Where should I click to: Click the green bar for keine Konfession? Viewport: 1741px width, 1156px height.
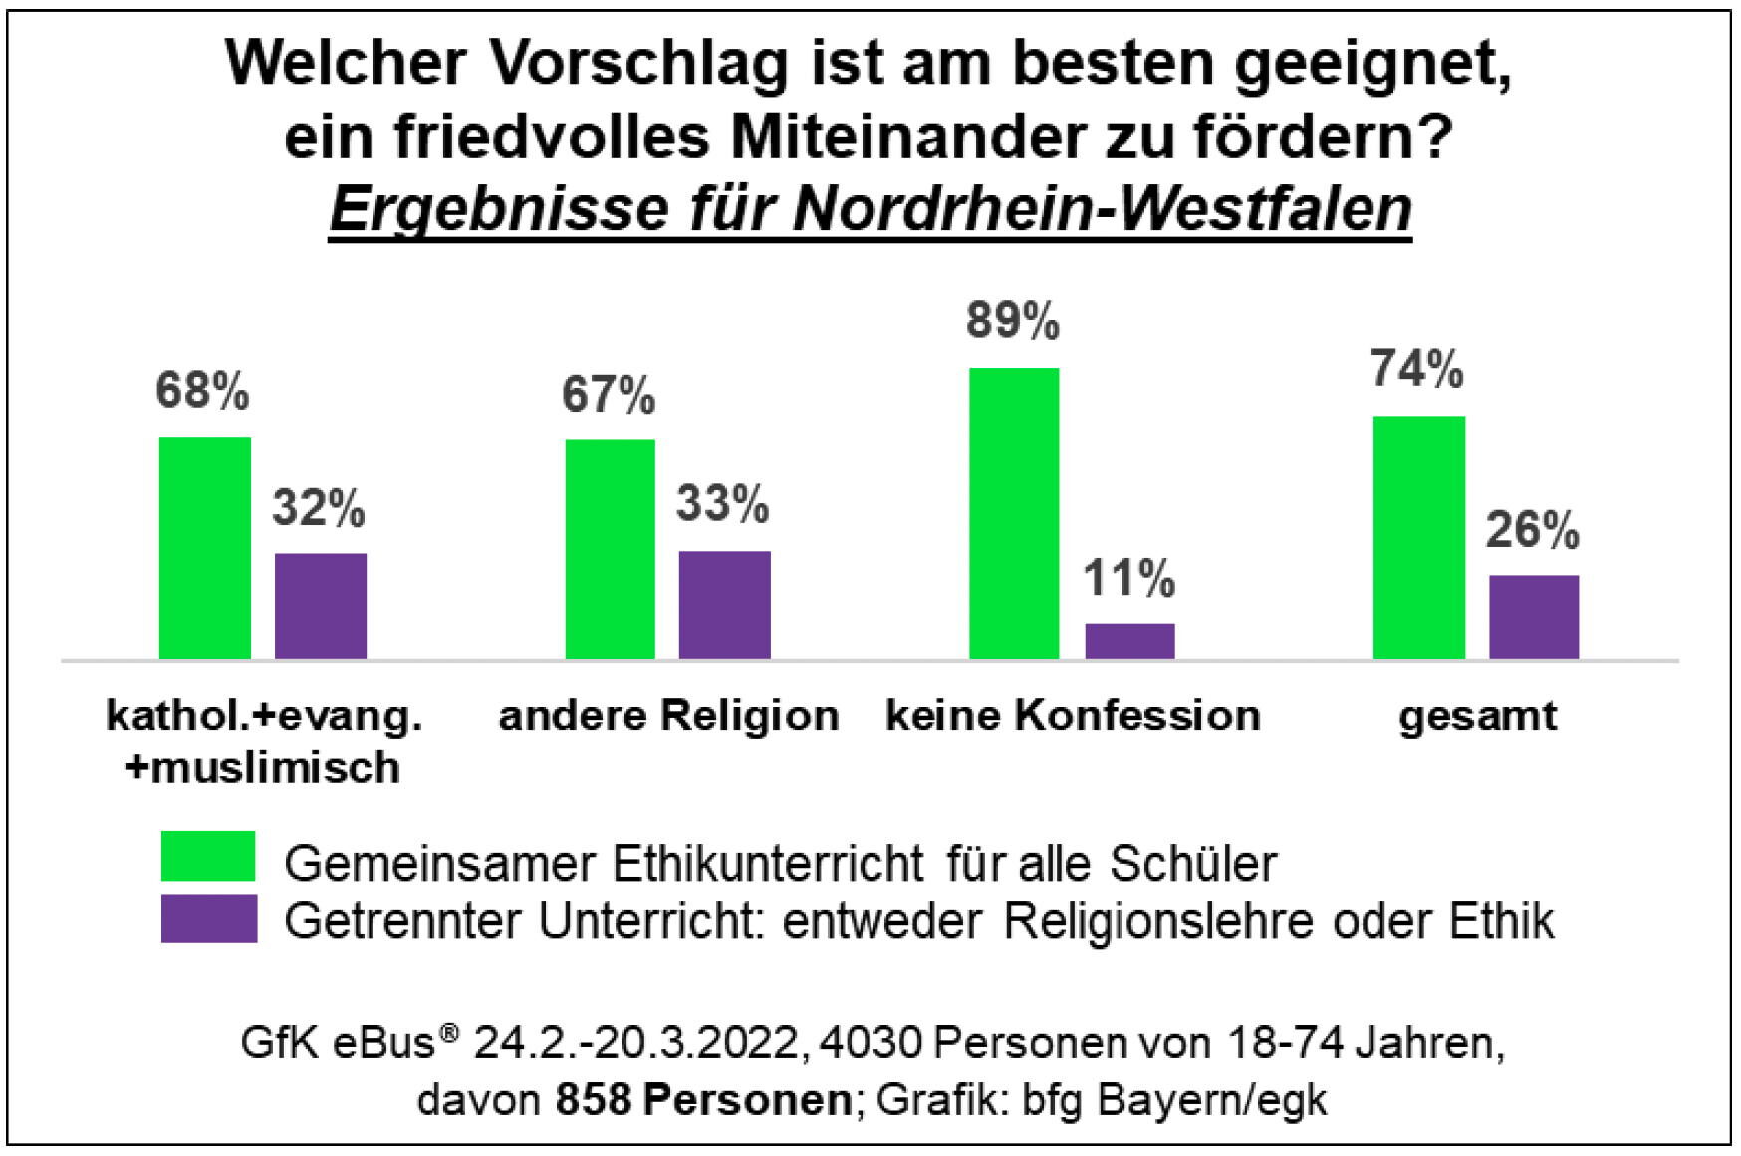point(1013,513)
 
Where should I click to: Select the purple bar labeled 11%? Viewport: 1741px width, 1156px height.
point(1129,641)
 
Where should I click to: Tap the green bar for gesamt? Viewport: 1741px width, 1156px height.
point(1418,537)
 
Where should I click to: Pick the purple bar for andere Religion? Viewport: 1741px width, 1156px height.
point(724,605)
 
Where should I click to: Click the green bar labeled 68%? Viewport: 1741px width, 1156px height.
point(205,548)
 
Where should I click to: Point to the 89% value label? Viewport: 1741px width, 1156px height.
point(1013,322)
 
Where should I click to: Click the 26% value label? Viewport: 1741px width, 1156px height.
point(1533,530)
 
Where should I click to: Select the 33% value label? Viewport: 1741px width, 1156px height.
point(723,504)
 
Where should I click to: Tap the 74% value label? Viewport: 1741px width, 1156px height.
point(1417,369)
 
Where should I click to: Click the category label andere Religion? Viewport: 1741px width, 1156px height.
point(668,716)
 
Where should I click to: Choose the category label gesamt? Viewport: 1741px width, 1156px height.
point(1477,716)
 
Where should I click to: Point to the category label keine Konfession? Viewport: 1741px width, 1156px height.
point(1073,716)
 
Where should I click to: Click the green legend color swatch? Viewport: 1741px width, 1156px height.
point(208,857)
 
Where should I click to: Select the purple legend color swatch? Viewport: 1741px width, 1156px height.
point(208,918)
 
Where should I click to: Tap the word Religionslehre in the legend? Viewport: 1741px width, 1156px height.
point(1160,921)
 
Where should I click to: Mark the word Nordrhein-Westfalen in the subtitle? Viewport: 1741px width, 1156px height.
point(1103,208)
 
